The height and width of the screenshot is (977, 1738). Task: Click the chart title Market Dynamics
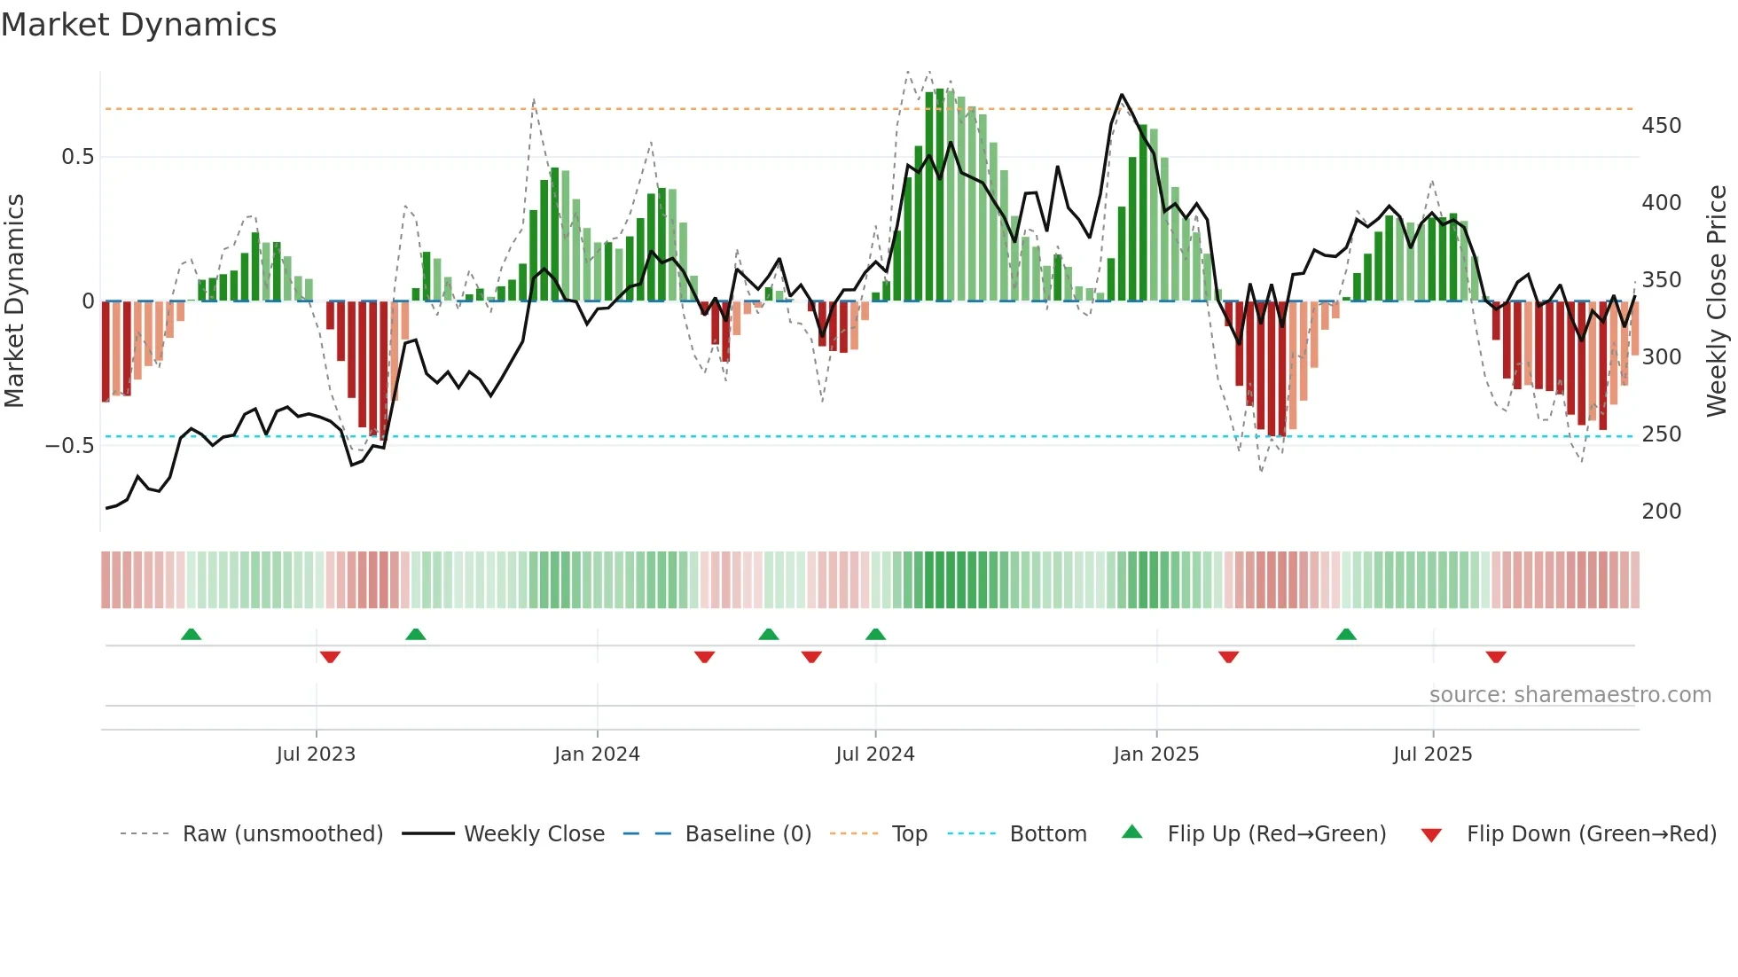pos(139,25)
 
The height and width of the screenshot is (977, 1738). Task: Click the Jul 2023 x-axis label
pos(316,754)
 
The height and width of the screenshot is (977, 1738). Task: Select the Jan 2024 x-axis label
pos(597,754)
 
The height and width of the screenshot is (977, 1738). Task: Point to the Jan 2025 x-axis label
pos(1156,754)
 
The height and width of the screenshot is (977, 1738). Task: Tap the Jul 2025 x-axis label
pos(1432,754)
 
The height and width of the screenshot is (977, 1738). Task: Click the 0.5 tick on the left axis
pos(78,157)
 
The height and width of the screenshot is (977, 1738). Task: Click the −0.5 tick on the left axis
pos(70,445)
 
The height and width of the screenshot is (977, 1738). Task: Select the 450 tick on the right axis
pos(1661,126)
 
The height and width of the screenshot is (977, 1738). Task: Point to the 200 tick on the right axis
pos(1661,512)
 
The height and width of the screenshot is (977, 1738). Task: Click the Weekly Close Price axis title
pos(1717,301)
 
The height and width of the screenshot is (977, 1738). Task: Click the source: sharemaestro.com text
pos(1570,695)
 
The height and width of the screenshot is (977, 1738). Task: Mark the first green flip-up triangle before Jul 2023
pos(191,634)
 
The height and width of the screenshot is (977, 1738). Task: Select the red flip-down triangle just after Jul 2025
pos(1496,657)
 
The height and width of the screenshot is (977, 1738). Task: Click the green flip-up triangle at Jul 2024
pos(875,634)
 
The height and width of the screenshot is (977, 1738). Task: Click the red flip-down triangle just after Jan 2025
pos(1228,657)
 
